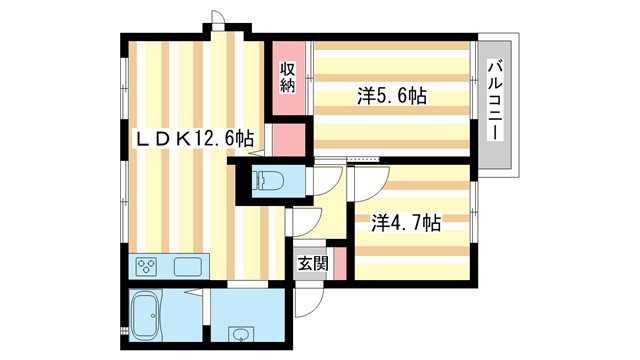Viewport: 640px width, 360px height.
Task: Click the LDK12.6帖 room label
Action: pos(194,138)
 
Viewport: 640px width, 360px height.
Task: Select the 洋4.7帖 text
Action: pos(406,223)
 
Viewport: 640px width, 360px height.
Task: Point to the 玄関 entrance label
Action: pos(312,264)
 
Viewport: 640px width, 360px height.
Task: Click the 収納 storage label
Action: pos(288,77)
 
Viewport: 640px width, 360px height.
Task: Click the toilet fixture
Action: pos(269,181)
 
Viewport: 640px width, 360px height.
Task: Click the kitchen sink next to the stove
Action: pos(187,267)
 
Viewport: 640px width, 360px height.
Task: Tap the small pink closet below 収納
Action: pos(288,139)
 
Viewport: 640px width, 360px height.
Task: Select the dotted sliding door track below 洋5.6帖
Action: pos(364,158)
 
